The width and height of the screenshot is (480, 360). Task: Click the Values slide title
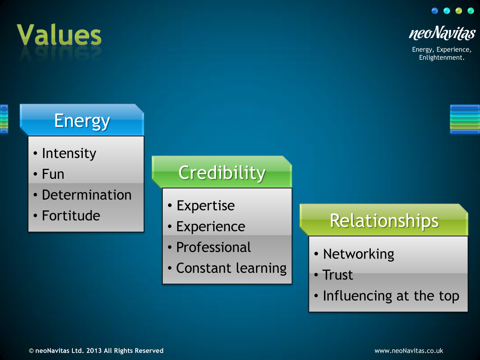pyautogui.click(x=59, y=34)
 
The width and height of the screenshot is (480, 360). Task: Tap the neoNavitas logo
pyautogui.click(x=442, y=33)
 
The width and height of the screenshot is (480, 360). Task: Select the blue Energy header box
pyautogui.click(x=82, y=120)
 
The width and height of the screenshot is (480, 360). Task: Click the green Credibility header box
pyautogui.click(x=222, y=172)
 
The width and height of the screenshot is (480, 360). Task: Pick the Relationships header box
pyautogui.click(x=384, y=220)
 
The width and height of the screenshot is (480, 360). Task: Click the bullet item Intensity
pyautogui.click(x=69, y=153)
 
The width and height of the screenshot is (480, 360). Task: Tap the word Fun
pyautogui.click(x=53, y=174)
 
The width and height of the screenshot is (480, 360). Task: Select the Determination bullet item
pyautogui.click(x=86, y=195)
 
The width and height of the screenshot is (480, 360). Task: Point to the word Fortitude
pyautogui.click(x=71, y=216)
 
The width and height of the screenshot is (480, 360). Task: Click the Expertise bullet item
pyautogui.click(x=206, y=206)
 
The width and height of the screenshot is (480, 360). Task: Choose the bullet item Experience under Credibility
pyautogui.click(x=211, y=226)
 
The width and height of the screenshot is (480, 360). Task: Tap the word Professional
pyautogui.click(x=214, y=247)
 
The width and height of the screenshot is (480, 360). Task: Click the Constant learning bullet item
pyautogui.click(x=231, y=268)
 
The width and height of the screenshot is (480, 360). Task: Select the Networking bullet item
pyautogui.click(x=359, y=254)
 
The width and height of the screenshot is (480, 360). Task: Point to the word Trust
pyautogui.click(x=338, y=275)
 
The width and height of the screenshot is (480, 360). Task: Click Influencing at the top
pyautogui.click(x=391, y=296)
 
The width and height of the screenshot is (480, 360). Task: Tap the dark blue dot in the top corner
pyautogui.click(x=435, y=10)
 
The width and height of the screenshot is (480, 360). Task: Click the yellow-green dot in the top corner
pyautogui.click(x=459, y=10)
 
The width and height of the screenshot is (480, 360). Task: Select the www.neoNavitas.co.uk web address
pyautogui.click(x=409, y=351)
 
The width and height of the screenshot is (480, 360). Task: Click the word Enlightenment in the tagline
pyautogui.click(x=442, y=58)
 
